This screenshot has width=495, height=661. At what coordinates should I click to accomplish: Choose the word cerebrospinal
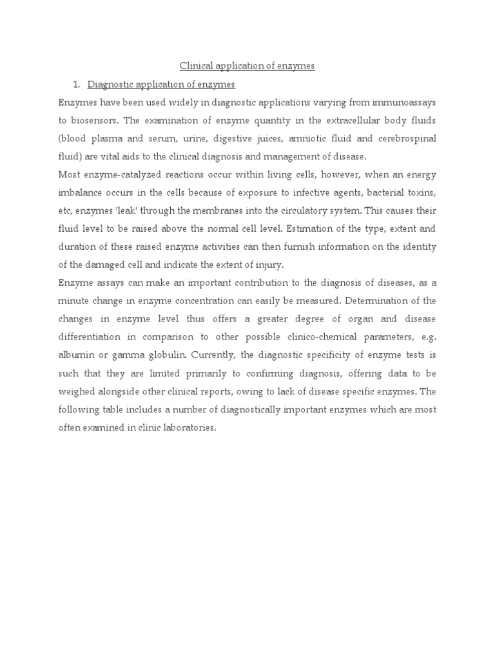pyautogui.click(x=409, y=139)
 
